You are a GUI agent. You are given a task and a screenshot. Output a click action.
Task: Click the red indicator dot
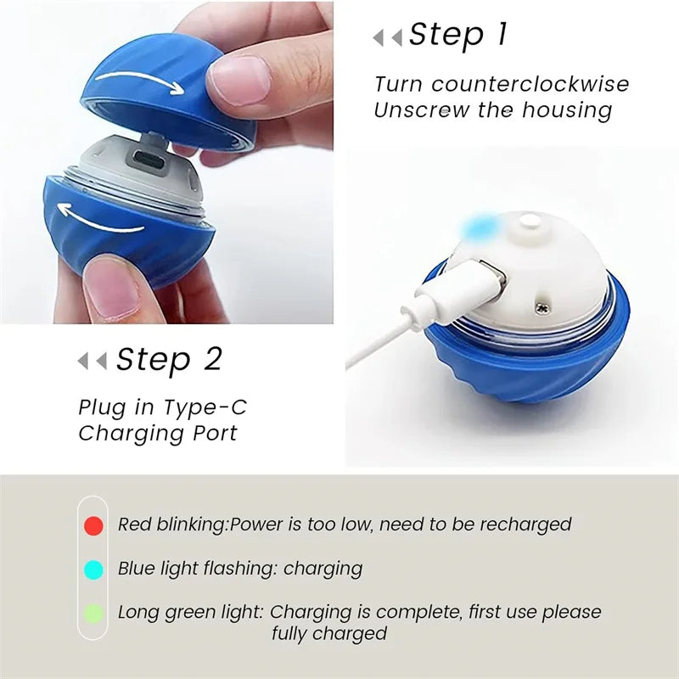pyautogui.click(x=94, y=525)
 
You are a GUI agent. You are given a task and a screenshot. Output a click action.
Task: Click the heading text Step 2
pyautogui.click(x=168, y=359)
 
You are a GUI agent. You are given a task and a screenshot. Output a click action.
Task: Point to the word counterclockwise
pyautogui.click(x=530, y=85)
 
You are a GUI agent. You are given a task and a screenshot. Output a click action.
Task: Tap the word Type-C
pyautogui.click(x=206, y=407)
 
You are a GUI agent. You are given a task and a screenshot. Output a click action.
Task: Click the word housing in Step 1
pyautogui.click(x=566, y=110)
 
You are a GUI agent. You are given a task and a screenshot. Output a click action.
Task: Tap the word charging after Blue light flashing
pyautogui.click(x=323, y=569)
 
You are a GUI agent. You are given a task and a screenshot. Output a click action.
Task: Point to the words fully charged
pyautogui.click(x=329, y=633)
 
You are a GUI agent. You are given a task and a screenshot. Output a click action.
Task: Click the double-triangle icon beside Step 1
pyautogui.click(x=388, y=37)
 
